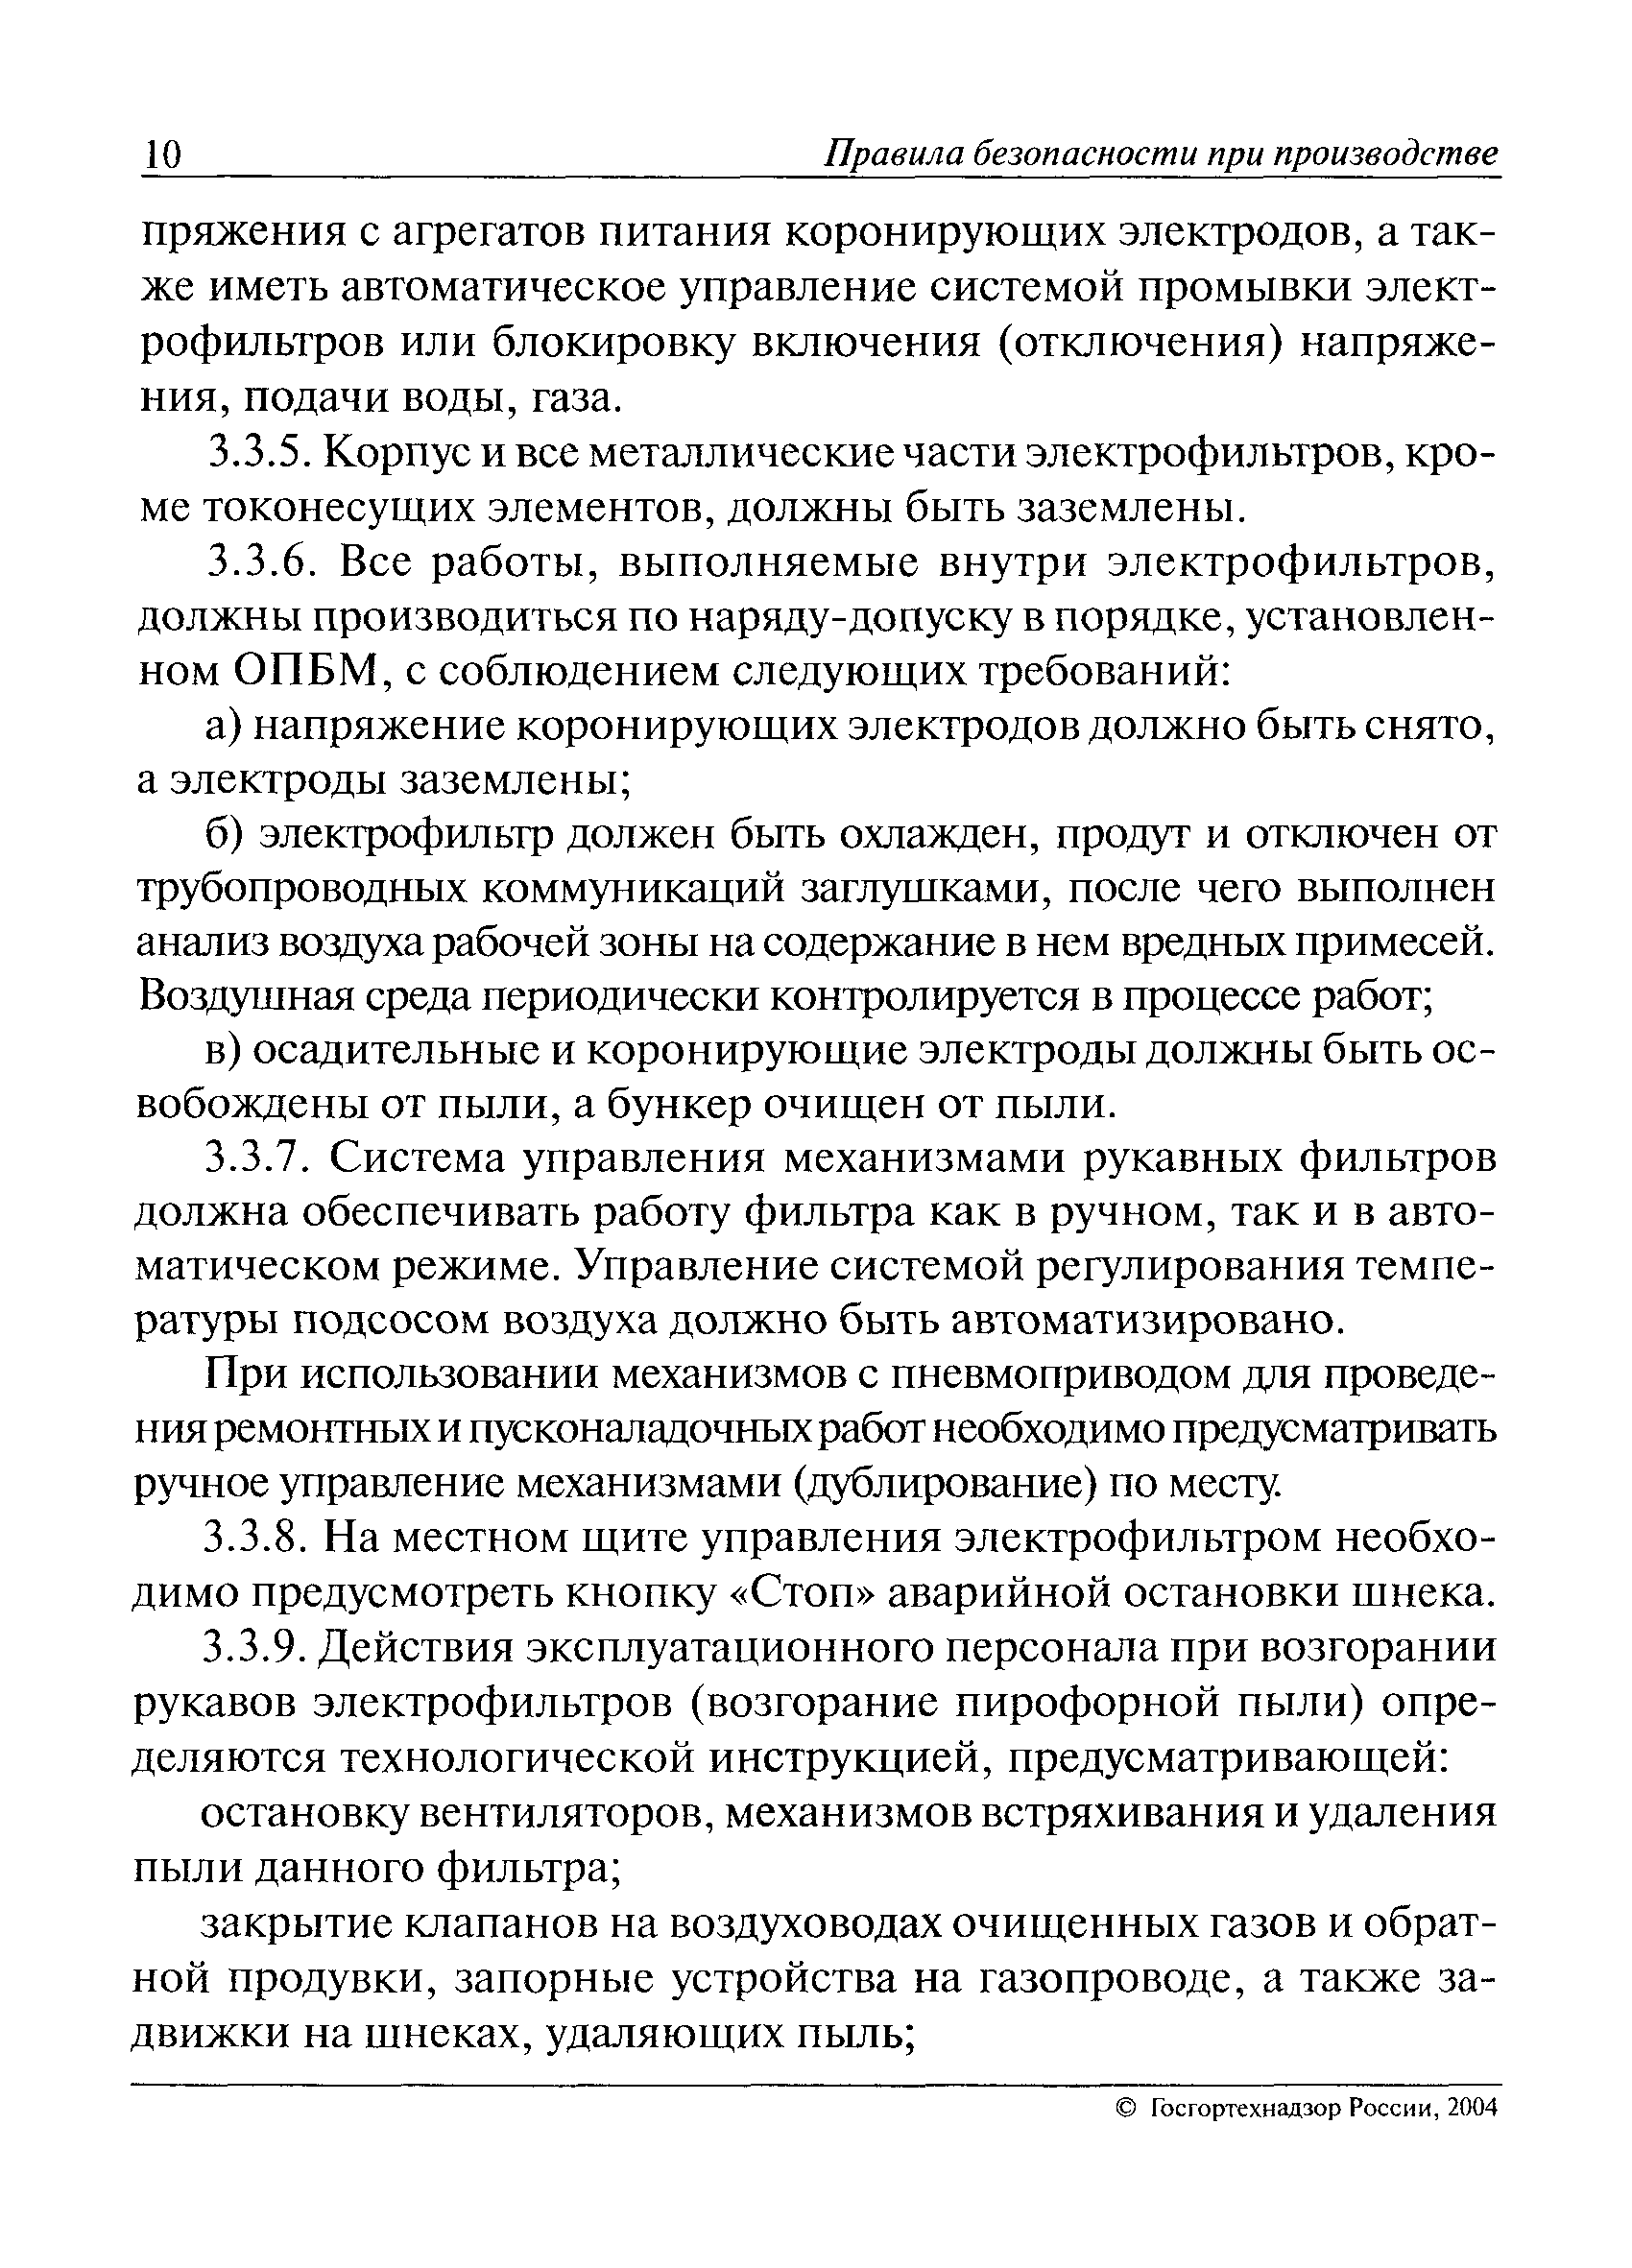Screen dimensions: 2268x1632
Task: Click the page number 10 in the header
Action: (162, 155)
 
